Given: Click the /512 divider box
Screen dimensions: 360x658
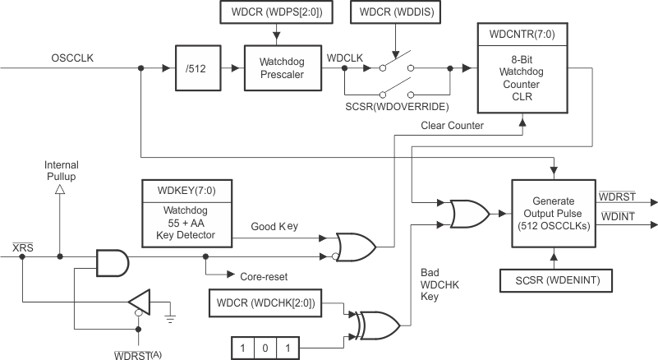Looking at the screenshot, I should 196,68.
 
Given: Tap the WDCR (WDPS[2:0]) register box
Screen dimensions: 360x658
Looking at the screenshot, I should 278,13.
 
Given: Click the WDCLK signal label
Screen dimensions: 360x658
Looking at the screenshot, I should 344,58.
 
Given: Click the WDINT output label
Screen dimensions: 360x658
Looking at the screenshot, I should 617,215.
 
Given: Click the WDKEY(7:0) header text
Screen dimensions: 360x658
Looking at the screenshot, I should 188,192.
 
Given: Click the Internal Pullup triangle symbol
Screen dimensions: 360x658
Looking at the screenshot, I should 60,190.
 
